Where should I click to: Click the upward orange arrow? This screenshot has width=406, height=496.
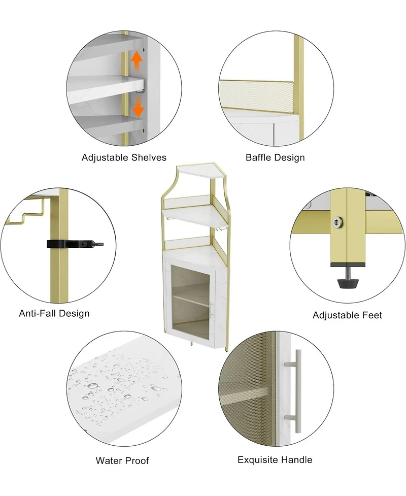point(137,60)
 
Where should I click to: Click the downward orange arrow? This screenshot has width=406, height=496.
point(138,107)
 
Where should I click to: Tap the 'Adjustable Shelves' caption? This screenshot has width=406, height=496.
point(124,157)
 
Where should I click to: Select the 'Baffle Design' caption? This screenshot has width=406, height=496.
point(275,157)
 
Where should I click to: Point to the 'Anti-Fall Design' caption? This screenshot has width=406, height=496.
point(54,313)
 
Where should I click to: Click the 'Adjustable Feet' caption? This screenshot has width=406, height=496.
point(347,315)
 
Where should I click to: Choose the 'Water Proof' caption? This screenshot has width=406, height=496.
point(122,460)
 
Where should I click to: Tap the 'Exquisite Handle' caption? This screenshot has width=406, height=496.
point(275,459)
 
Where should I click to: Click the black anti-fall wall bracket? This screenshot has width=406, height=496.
point(75,244)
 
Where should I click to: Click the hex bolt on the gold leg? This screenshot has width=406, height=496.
point(338,222)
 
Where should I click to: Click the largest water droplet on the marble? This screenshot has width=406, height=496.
point(93,386)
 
